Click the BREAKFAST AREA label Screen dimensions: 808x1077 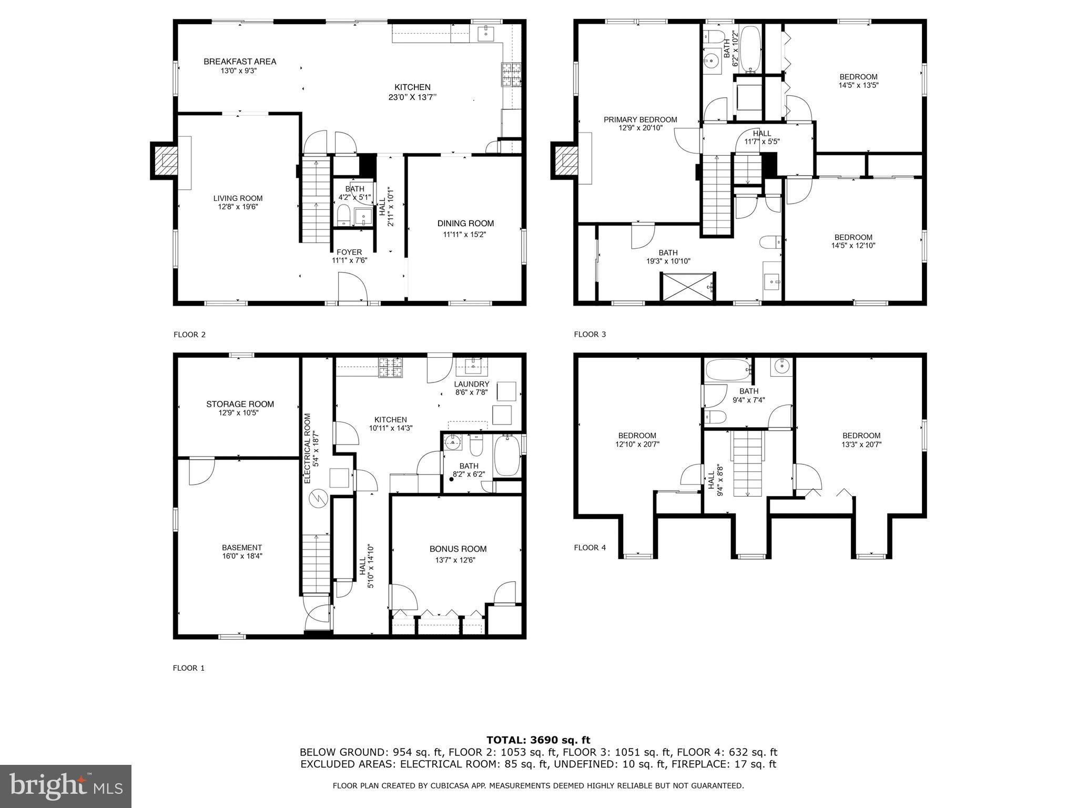point(240,62)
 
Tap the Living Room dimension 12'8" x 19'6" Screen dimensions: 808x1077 point(238,207)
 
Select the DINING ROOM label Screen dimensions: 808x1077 point(465,223)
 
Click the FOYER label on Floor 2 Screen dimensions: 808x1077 point(349,252)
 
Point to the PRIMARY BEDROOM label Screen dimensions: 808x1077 point(640,119)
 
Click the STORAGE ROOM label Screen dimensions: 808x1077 point(240,404)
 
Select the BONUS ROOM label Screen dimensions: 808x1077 point(458,549)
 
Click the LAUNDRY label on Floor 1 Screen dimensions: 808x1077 point(472,384)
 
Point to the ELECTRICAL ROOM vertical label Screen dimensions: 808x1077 point(308,448)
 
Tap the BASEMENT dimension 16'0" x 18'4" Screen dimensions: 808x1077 point(241,555)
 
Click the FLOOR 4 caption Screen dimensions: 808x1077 point(590,548)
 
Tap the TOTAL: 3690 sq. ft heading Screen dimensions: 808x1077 point(538,740)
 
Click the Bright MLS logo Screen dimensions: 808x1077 point(66,785)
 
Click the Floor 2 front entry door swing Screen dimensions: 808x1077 point(351,287)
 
